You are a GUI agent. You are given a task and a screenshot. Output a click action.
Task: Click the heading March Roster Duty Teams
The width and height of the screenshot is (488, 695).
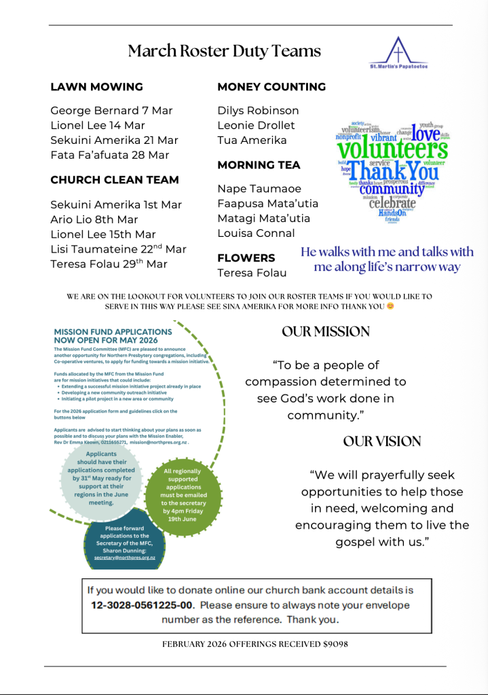point(224,51)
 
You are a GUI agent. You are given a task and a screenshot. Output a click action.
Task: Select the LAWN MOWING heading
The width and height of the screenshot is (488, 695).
point(96,87)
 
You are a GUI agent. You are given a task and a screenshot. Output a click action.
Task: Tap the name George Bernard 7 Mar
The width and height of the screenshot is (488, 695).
point(111,111)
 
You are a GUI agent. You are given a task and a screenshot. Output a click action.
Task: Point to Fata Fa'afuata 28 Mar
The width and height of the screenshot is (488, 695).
point(109,155)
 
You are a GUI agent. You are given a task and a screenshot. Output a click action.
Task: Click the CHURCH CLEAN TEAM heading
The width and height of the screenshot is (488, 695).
point(115,180)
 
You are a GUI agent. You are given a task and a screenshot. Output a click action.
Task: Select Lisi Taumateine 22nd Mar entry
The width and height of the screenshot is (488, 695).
point(118,249)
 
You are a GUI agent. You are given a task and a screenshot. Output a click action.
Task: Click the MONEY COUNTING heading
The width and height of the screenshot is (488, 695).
point(271,87)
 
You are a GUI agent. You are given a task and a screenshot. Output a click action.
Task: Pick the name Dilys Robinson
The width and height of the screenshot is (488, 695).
point(258,111)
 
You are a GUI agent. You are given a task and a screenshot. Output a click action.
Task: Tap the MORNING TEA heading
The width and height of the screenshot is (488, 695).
point(259,165)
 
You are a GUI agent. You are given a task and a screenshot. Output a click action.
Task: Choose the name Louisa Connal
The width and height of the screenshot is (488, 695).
point(256,233)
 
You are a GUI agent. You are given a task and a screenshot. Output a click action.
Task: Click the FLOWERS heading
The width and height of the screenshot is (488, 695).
point(246,258)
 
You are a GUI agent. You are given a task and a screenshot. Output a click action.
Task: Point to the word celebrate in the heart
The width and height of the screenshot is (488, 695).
point(392,202)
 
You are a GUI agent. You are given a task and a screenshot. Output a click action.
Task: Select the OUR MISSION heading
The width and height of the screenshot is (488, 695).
point(326,332)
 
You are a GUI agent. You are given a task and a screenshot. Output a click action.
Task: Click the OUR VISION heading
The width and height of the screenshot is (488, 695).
point(382,442)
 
